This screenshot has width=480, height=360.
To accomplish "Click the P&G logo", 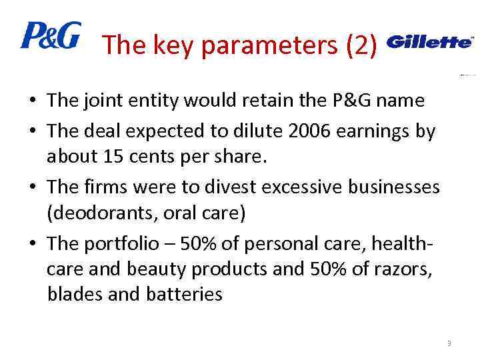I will (x=51, y=35).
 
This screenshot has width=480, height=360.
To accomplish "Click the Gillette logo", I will (x=429, y=42).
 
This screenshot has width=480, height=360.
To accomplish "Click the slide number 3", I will (x=449, y=343).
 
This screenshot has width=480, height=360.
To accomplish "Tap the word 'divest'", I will (x=228, y=187).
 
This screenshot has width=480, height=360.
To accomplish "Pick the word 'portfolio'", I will (x=125, y=243).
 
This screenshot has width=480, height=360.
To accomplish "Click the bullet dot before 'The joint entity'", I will (x=32, y=102).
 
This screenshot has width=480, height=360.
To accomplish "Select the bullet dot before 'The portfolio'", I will (x=32, y=244).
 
